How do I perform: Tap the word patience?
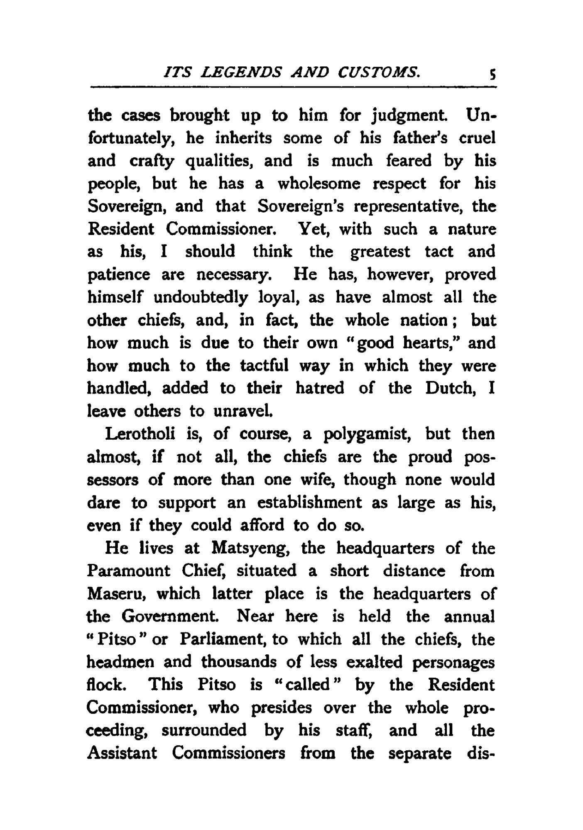(119, 275)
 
